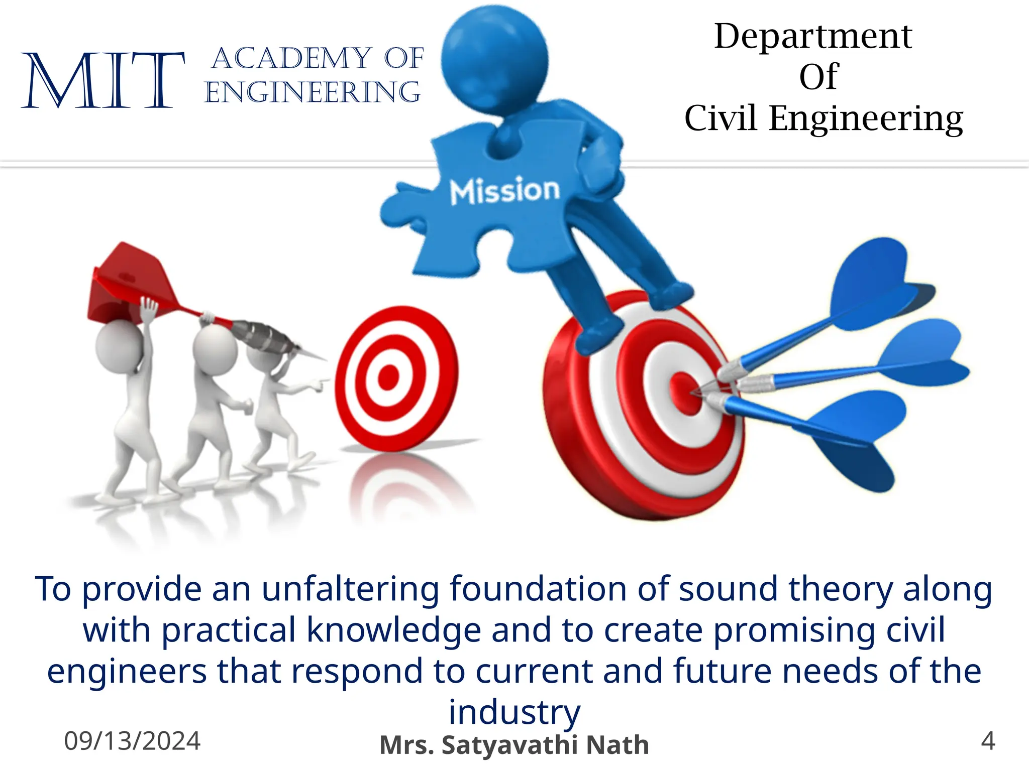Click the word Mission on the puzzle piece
point(504,190)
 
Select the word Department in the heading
point(813,36)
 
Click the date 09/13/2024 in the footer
point(132,741)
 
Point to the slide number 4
point(988,741)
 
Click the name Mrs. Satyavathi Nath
point(514,745)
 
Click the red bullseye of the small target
point(388,377)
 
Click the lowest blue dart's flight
point(854,437)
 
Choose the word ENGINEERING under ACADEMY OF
point(313,92)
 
